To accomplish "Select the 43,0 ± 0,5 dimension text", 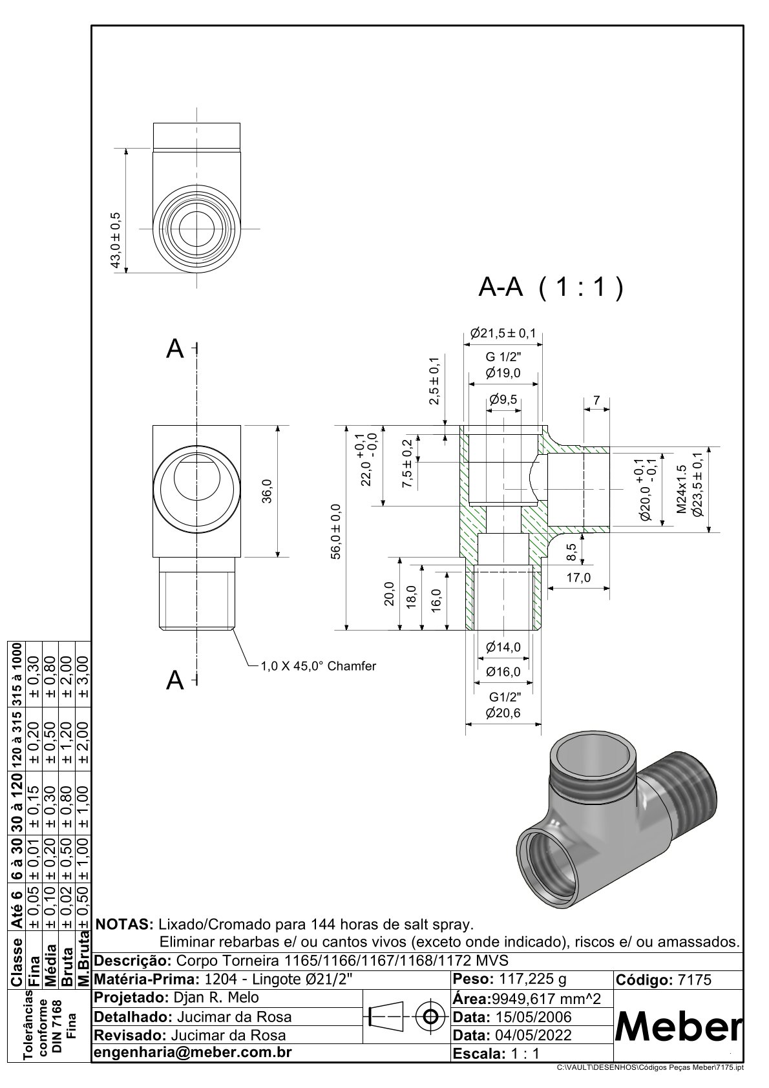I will pos(116,240).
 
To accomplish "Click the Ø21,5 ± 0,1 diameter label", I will pos(503,333).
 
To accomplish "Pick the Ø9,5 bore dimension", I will pos(503,400).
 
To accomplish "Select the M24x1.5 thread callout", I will pos(681,489).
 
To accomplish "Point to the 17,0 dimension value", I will pos(578,578).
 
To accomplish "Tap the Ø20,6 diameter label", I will pos(503,713).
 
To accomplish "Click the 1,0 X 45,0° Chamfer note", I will pos(318,665).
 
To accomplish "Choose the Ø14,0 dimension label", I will pos(503,647).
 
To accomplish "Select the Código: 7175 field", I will pos(664,979).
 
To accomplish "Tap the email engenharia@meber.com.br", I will pos(193,1052).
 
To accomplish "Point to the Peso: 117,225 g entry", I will pos(511,979).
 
